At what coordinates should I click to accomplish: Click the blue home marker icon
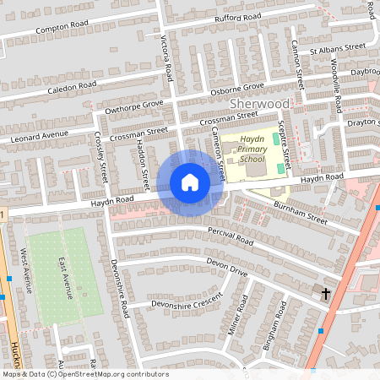click(x=190, y=182)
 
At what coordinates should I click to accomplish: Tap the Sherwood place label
click(x=259, y=103)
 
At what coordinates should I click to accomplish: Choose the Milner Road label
click(x=239, y=318)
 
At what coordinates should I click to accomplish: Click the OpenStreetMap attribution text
click(x=84, y=374)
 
